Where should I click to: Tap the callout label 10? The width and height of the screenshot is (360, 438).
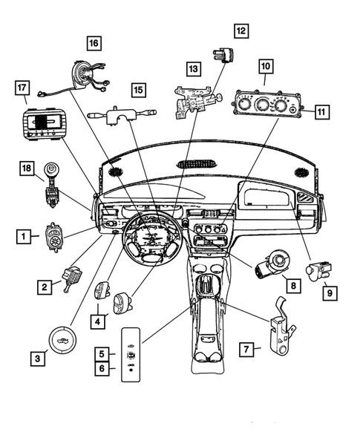pyautogui.click(x=266, y=67)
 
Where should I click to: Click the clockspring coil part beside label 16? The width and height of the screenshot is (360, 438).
pyautogui.click(x=90, y=73)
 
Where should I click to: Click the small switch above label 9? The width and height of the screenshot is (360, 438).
pyautogui.click(x=319, y=269)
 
